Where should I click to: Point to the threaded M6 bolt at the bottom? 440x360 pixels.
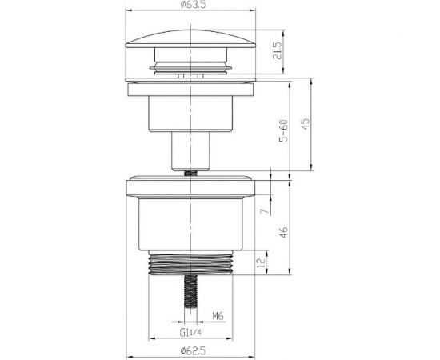tap(192, 296)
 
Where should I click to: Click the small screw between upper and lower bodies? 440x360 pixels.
tap(192, 170)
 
